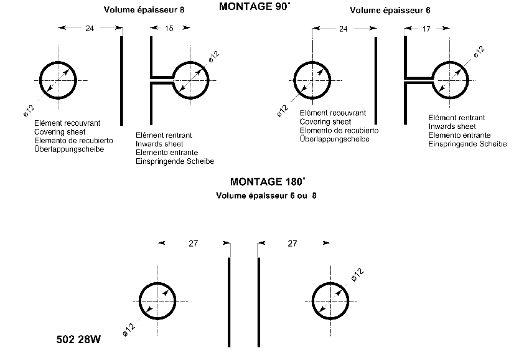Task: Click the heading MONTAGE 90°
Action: click(255, 7)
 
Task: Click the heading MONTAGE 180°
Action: click(268, 182)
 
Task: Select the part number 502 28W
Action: click(79, 342)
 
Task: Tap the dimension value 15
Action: click(169, 28)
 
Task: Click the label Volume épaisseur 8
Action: click(144, 11)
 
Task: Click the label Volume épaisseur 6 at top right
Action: click(390, 11)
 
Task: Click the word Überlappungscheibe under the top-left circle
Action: click(70, 149)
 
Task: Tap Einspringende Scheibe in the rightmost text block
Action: click(467, 144)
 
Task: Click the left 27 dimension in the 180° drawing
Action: click(193, 244)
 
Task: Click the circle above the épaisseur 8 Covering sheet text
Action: click(58, 80)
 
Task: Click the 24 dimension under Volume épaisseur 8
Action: click(91, 28)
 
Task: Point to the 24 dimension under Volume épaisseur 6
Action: click(344, 28)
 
